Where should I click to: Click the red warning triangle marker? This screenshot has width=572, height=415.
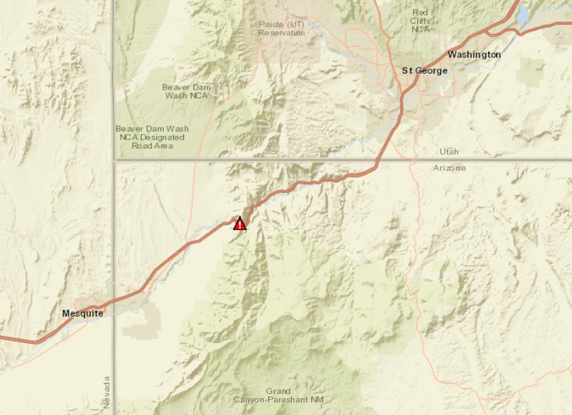pyautogui.click(x=240, y=223)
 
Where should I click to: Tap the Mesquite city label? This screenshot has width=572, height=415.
pyautogui.click(x=82, y=313)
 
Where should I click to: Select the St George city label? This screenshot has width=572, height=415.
pyautogui.click(x=425, y=71)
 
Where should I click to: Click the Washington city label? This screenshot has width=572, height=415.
pyautogui.click(x=474, y=54)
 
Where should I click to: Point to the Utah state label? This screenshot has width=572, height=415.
pyautogui.click(x=449, y=151)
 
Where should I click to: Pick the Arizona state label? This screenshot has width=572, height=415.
pyautogui.click(x=450, y=168)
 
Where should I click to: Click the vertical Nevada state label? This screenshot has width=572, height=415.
pyautogui.click(x=107, y=393)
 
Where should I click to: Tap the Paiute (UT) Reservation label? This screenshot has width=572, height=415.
pyautogui.click(x=282, y=29)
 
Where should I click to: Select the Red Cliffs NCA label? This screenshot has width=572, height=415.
pyautogui.click(x=421, y=20)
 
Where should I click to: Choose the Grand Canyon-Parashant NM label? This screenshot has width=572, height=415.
pyautogui.click(x=278, y=395)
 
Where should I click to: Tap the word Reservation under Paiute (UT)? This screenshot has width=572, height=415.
pyautogui.click(x=282, y=33)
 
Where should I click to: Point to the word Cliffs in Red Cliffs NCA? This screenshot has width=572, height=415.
pyautogui.click(x=421, y=20)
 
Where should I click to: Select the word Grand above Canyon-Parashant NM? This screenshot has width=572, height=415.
pyautogui.click(x=278, y=391)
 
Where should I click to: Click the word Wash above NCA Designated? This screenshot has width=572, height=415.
pyautogui.click(x=177, y=128)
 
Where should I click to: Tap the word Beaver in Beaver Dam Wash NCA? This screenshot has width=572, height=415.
pyautogui.click(x=176, y=87)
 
